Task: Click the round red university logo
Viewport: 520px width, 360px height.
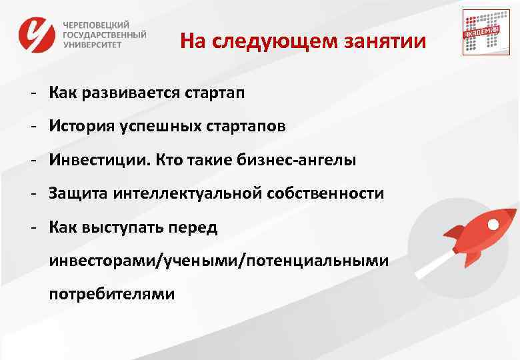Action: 37,34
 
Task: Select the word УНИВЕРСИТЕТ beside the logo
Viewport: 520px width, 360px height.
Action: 94,45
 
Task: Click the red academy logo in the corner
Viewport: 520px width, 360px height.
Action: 481,33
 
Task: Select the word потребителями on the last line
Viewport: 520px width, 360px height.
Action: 111,294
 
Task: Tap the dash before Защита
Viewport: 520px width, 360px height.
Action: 32,193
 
